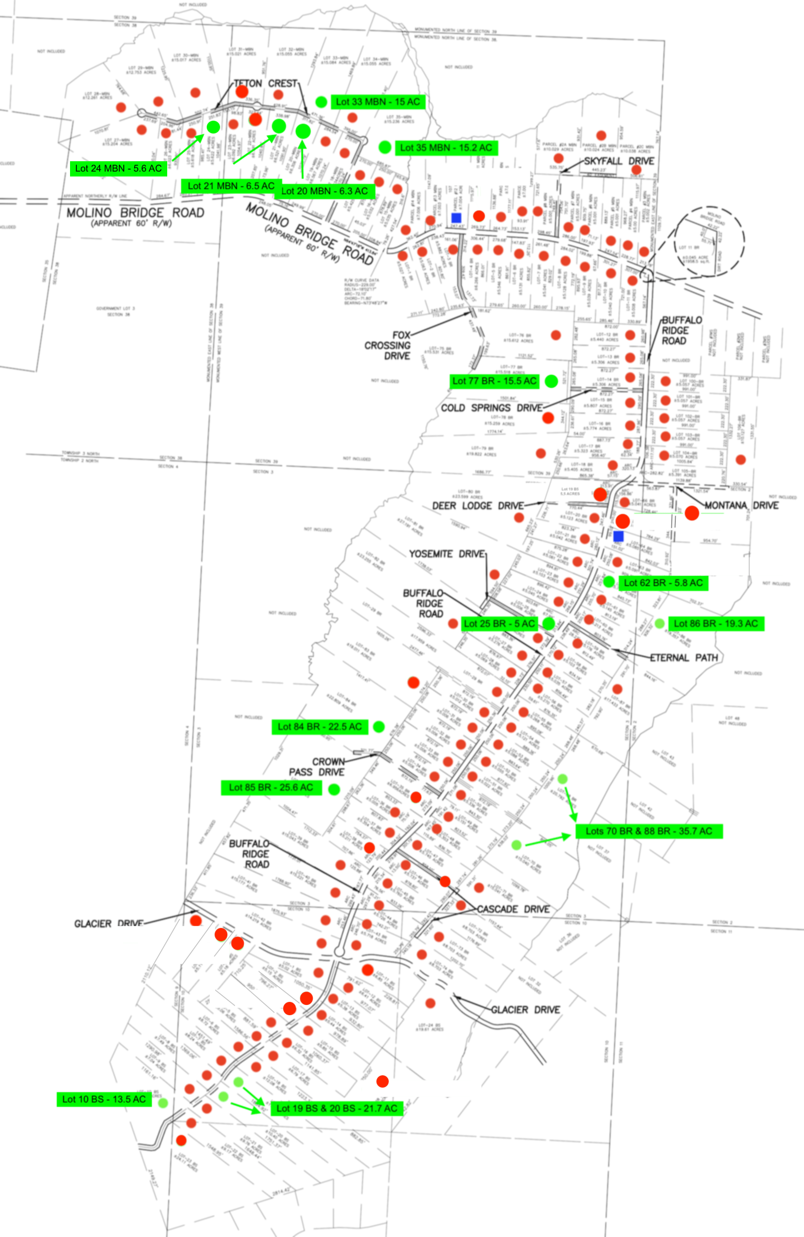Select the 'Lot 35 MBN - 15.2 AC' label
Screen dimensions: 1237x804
coord(446,148)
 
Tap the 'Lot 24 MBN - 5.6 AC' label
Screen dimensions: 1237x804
coord(118,169)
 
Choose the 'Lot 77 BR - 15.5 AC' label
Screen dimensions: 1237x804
coord(494,381)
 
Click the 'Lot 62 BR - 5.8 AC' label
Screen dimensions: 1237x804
coord(663,583)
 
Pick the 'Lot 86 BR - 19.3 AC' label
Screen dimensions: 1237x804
coord(716,623)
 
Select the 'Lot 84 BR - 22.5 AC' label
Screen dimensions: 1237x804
coord(319,726)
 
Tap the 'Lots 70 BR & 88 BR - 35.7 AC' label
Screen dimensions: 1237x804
coord(649,831)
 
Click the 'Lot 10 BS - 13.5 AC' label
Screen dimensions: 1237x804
coord(104,1100)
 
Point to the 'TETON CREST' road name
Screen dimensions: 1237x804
coord(265,84)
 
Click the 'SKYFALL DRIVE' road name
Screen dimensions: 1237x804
coord(619,161)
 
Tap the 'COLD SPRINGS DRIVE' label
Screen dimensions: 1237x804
coord(491,408)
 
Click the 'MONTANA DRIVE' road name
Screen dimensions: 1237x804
coord(741,505)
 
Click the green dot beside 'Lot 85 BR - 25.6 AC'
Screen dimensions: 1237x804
coord(334,789)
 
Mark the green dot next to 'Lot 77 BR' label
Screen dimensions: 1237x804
coord(551,381)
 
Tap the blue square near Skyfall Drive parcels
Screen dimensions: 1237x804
coord(456,218)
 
